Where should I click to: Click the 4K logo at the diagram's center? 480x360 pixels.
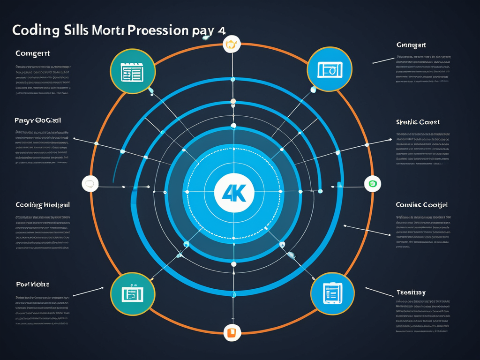[x=233, y=192]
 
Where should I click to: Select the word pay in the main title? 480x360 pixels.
[x=202, y=30]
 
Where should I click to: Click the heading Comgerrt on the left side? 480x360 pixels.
[x=32, y=53]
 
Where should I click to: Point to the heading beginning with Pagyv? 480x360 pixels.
[x=38, y=120]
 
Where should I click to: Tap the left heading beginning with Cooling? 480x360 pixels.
[x=43, y=205]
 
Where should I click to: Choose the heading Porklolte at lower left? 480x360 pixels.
[x=33, y=285]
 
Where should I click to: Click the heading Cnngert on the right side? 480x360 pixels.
[x=411, y=45]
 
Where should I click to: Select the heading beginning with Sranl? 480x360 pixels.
[x=418, y=122]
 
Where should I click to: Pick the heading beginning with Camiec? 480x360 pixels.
[x=421, y=205]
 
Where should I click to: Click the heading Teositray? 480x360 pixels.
[x=411, y=292]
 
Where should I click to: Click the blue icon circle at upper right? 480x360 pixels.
[x=329, y=69]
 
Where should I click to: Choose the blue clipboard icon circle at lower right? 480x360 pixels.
[x=332, y=293]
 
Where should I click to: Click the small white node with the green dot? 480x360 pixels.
[x=373, y=183]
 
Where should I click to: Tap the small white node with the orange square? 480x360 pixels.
[x=231, y=332]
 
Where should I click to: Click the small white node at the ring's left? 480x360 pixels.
[x=90, y=183]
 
